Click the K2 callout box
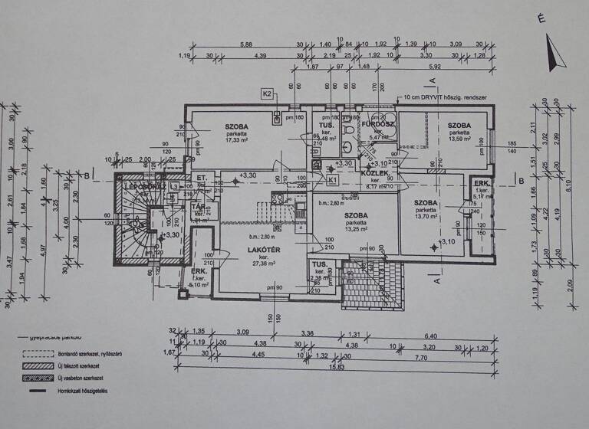pos(268,93)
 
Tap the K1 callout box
pos(332,180)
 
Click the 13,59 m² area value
pos(460,139)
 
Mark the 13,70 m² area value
pos(426,217)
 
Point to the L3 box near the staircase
pos(175,187)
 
